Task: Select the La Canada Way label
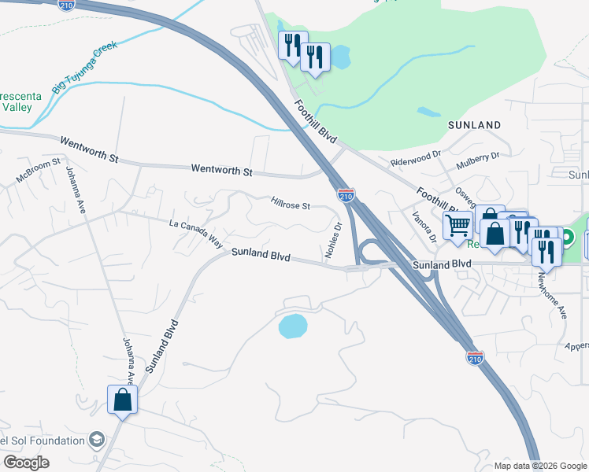tap(196, 233)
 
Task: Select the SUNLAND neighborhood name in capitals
tap(474, 125)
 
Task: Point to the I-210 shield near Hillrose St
tap(346, 194)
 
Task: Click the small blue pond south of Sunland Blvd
tap(292, 326)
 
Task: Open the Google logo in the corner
tap(26, 463)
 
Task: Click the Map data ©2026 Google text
tap(539, 466)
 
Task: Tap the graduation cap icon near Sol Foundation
tap(97, 439)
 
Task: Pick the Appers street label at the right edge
tap(576, 345)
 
